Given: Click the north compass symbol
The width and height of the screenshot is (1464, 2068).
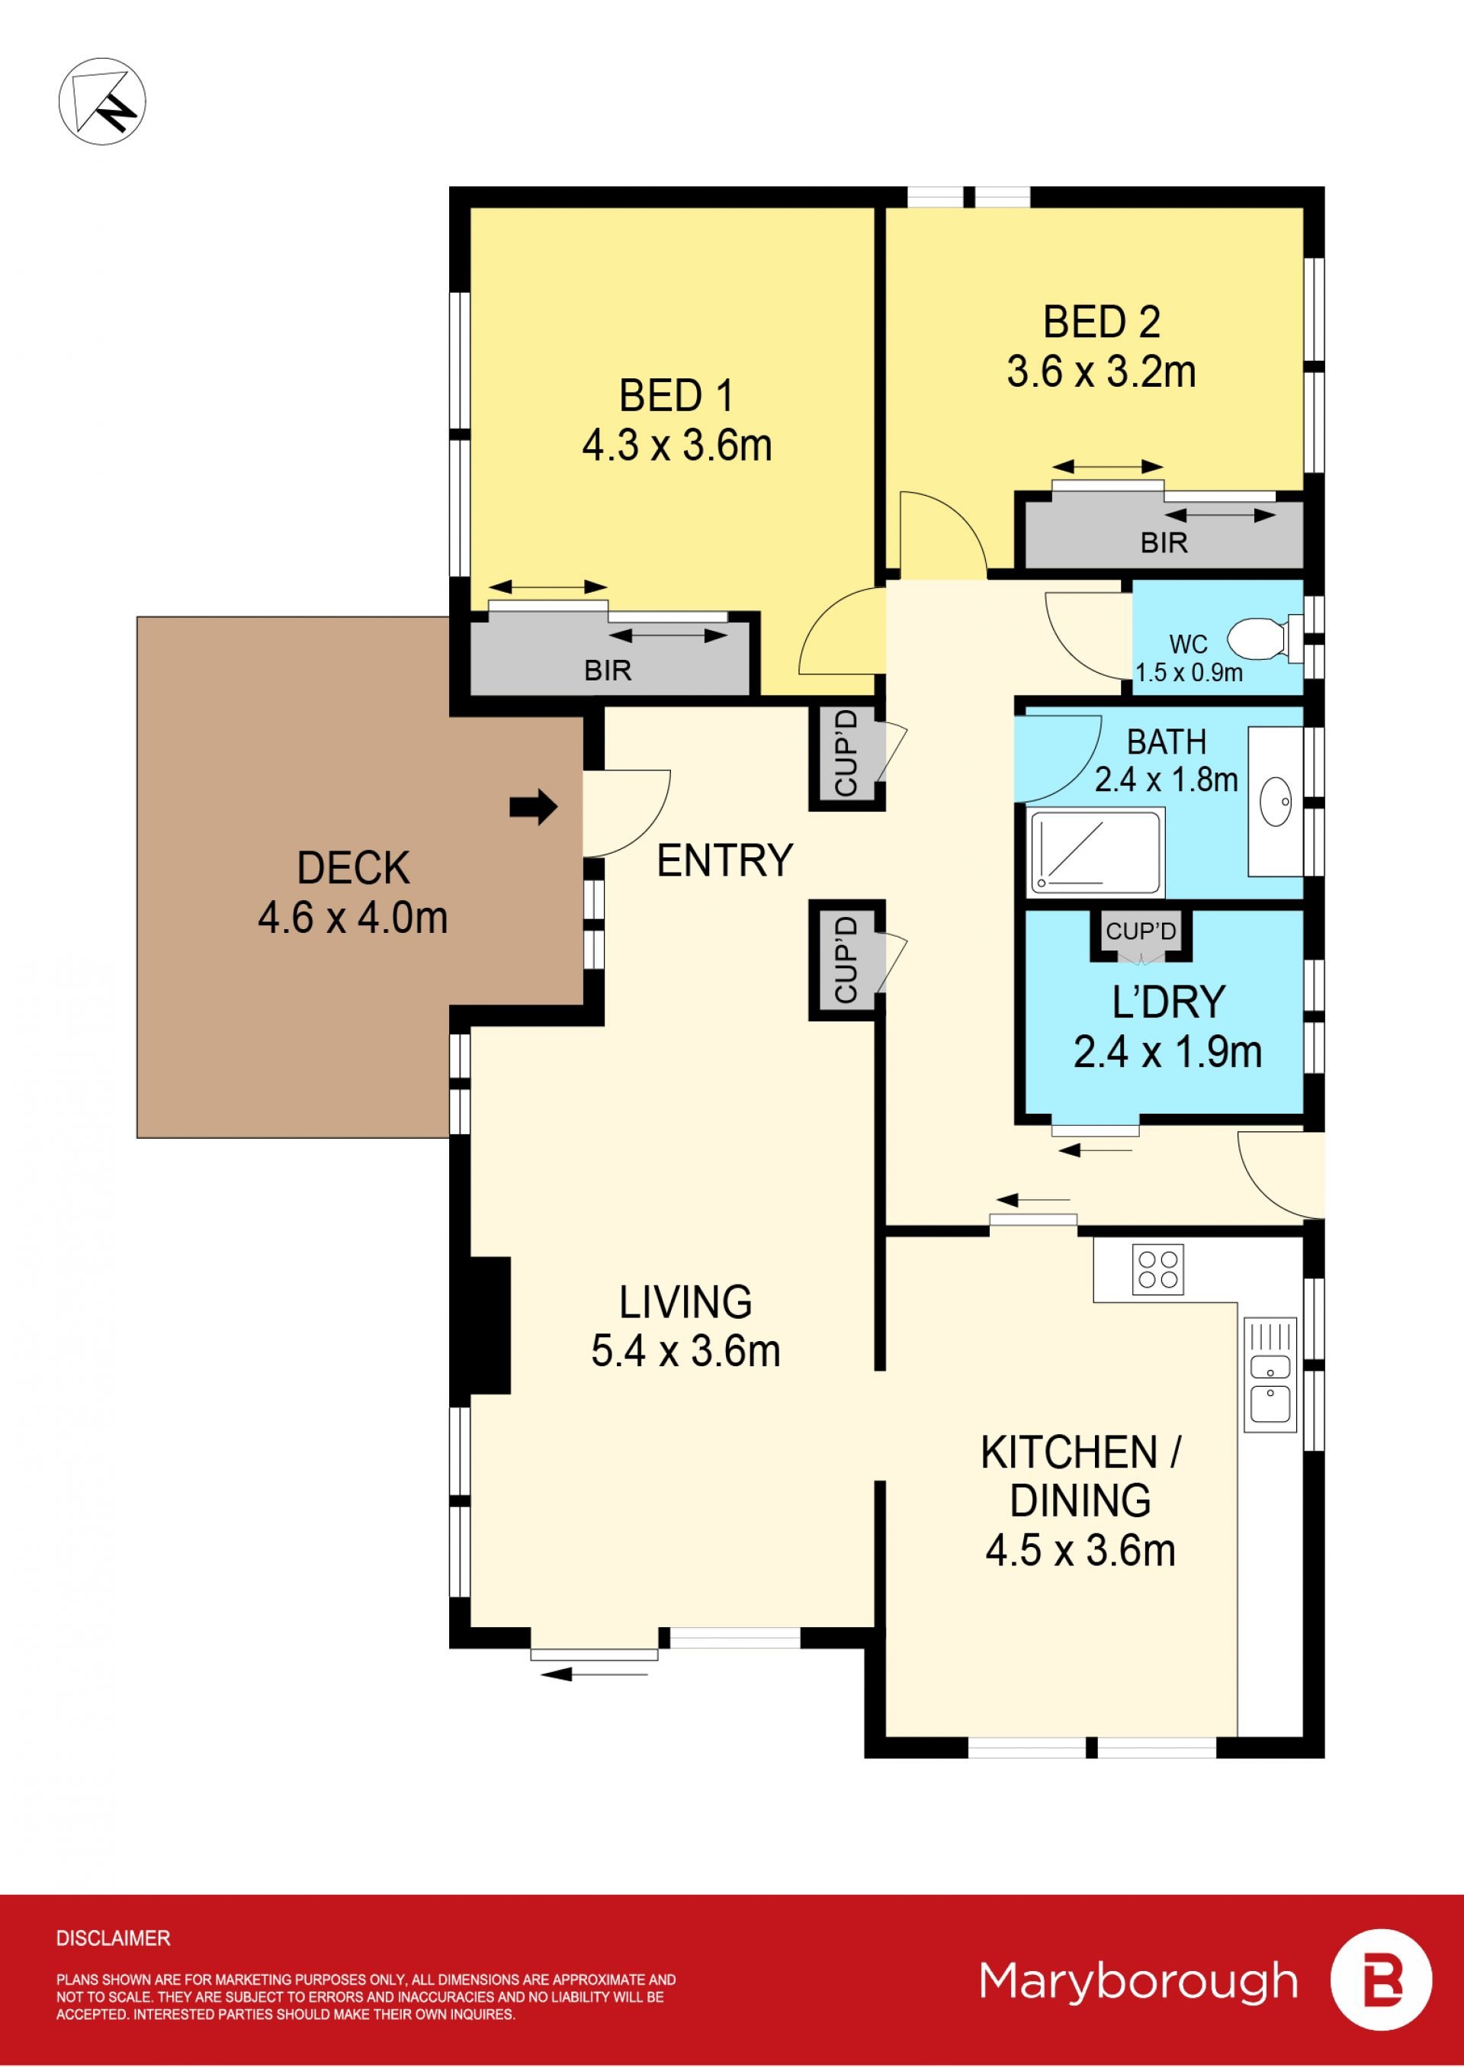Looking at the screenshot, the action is point(102,101).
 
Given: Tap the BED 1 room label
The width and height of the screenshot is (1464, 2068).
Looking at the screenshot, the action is point(676,396).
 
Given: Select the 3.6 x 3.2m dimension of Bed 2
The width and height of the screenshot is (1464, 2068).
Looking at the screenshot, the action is point(1101,371).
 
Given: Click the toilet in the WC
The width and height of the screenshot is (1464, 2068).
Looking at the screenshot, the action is point(1264,638).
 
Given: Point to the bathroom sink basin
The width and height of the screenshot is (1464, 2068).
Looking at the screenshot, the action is point(1275,801).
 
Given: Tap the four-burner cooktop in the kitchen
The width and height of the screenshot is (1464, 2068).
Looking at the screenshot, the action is point(1157,1269).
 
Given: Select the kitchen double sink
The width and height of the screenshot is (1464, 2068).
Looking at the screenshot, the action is point(1270,1375).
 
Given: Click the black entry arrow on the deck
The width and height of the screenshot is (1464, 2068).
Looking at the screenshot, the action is point(534,806).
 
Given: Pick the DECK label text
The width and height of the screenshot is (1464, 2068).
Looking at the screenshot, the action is point(353,867).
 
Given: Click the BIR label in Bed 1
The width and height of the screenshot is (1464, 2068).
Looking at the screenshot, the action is point(608,670).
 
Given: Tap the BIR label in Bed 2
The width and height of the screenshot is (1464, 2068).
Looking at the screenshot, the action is point(1164,543).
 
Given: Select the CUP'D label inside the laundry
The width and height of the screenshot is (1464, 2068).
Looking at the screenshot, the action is point(1141,931).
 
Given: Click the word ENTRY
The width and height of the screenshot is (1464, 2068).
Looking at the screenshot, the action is point(725,860).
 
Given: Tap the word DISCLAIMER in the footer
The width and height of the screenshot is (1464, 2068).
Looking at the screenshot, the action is point(113,1938).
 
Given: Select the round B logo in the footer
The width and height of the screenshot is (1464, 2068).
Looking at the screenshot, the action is point(1381,1980).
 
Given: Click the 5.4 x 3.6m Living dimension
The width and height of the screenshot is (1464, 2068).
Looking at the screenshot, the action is point(685,1351).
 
